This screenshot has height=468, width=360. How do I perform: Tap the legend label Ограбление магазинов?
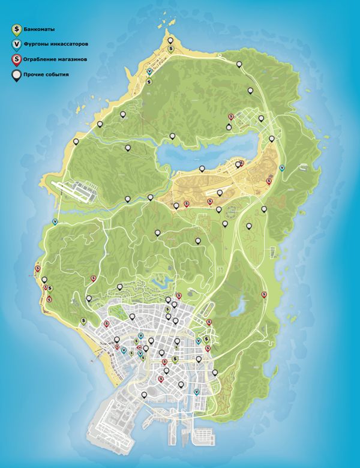pyautogui.click(x=55, y=59)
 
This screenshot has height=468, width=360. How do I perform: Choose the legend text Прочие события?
pyautogui.click(x=46, y=75)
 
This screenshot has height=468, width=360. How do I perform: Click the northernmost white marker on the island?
pyautogui.click(x=171, y=41)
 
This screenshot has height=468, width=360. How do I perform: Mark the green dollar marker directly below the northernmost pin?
pyautogui.click(x=171, y=50)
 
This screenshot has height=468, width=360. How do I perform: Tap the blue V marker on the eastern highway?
pyautogui.click(x=282, y=167)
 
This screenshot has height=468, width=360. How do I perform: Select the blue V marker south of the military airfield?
pyautogui.click(x=56, y=221)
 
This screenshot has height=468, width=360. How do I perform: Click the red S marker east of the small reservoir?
pyautogui.click(x=265, y=294)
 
